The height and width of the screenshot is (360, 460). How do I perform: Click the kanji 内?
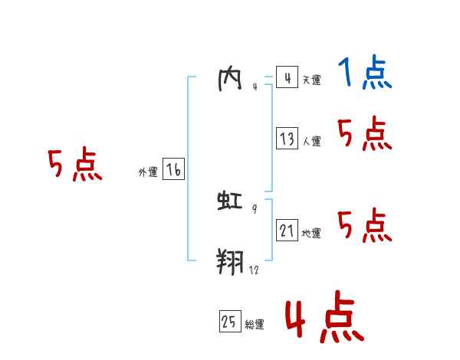point(230,80)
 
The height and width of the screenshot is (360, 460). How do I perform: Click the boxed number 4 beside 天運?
point(287,78)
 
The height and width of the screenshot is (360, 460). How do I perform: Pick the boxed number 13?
point(287,139)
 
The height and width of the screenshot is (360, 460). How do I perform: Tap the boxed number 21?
point(287,231)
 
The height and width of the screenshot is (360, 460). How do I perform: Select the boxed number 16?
point(173,170)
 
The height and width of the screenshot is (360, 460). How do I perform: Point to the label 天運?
point(311,80)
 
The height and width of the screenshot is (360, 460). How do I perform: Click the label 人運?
point(311,141)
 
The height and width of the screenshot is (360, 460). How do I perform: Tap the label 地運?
point(311,233)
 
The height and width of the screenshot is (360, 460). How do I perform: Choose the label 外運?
point(148,172)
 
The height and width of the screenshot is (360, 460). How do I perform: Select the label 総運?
point(255,325)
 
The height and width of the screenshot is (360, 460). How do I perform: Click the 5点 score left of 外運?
point(74,165)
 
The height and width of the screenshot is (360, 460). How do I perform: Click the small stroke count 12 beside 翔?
point(254,270)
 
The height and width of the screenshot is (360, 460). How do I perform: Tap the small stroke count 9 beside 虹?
point(255,208)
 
